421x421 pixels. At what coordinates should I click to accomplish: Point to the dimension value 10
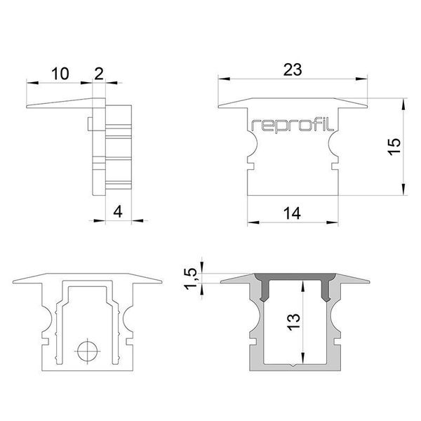point(60,72)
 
